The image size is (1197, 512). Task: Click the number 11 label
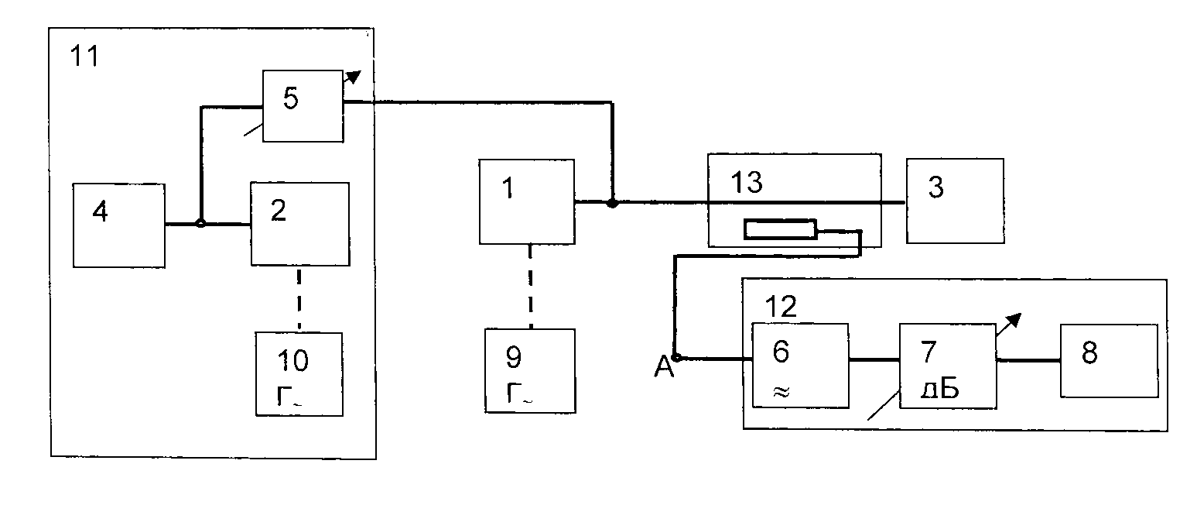[x=84, y=57]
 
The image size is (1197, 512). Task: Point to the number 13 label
[x=747, y=183]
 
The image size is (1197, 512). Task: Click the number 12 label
[x=781, y=307]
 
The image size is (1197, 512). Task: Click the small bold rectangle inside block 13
[x=781, y=229]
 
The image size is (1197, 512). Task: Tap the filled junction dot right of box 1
[x=612, y=203]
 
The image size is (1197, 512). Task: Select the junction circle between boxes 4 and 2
[x=200, y=223]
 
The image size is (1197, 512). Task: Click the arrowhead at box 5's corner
[x=354, y=77]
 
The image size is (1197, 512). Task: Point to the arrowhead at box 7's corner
[x=1014, y=321]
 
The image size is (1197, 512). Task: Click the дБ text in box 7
[x=939, y=390]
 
